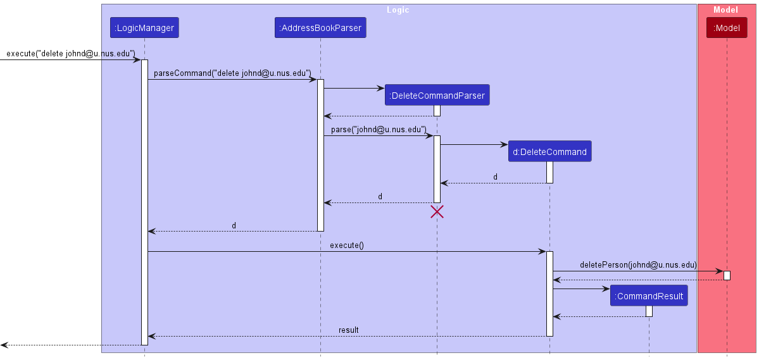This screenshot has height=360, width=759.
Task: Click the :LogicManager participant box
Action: [x=144, y=28]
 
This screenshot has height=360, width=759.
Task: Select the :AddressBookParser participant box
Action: [x=320, y=28]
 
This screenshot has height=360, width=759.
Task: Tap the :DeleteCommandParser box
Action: [x=437, y=96]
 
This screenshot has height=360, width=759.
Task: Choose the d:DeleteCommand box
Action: [x=549, y=152]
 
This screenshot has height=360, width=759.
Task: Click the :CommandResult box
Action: [x=649, y=296]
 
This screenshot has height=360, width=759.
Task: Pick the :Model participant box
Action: [x=727, y=28]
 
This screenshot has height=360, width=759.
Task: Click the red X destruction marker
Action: [x=437, y=212]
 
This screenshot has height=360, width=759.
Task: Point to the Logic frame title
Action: [x=398, y=10]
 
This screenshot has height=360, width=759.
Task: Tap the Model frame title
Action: [x=725, y=10]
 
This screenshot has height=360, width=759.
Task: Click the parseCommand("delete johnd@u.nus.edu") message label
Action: [x=232, y=73]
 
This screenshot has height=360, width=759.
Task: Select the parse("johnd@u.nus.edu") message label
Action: [x=379, y=130]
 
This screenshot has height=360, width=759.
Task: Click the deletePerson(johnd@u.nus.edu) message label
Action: [x=637, y=265]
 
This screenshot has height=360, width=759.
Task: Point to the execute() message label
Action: [x=347, y=245]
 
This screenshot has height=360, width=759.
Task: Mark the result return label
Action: [x=348, y=330]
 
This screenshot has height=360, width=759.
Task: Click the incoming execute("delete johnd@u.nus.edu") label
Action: [x=70, y=54]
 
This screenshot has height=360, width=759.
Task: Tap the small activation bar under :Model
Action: [x=727, y=275]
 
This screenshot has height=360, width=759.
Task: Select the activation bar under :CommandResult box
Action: [x=649, y=311]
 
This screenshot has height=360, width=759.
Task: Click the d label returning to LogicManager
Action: [x=234, y=225]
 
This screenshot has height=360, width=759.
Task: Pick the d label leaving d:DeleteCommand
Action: [x=495, y=177]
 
